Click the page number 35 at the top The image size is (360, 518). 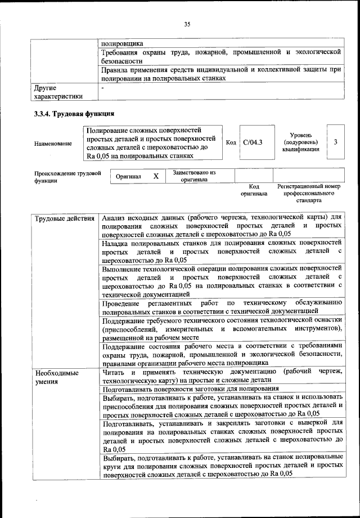coord(187,24)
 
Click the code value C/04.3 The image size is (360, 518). coord(253,142)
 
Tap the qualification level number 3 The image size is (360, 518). coord(335,142)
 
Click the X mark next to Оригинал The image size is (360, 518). coord(156,176)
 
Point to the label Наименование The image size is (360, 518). coord(53,144)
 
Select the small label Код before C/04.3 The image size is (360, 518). coord(231,143)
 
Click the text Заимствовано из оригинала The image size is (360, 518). coord(194,176)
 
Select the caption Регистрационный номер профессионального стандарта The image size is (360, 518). coord(309,193)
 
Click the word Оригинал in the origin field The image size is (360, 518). coord(128,176)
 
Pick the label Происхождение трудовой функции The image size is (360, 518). coord(67,177)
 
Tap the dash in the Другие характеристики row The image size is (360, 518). coord(102,88)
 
